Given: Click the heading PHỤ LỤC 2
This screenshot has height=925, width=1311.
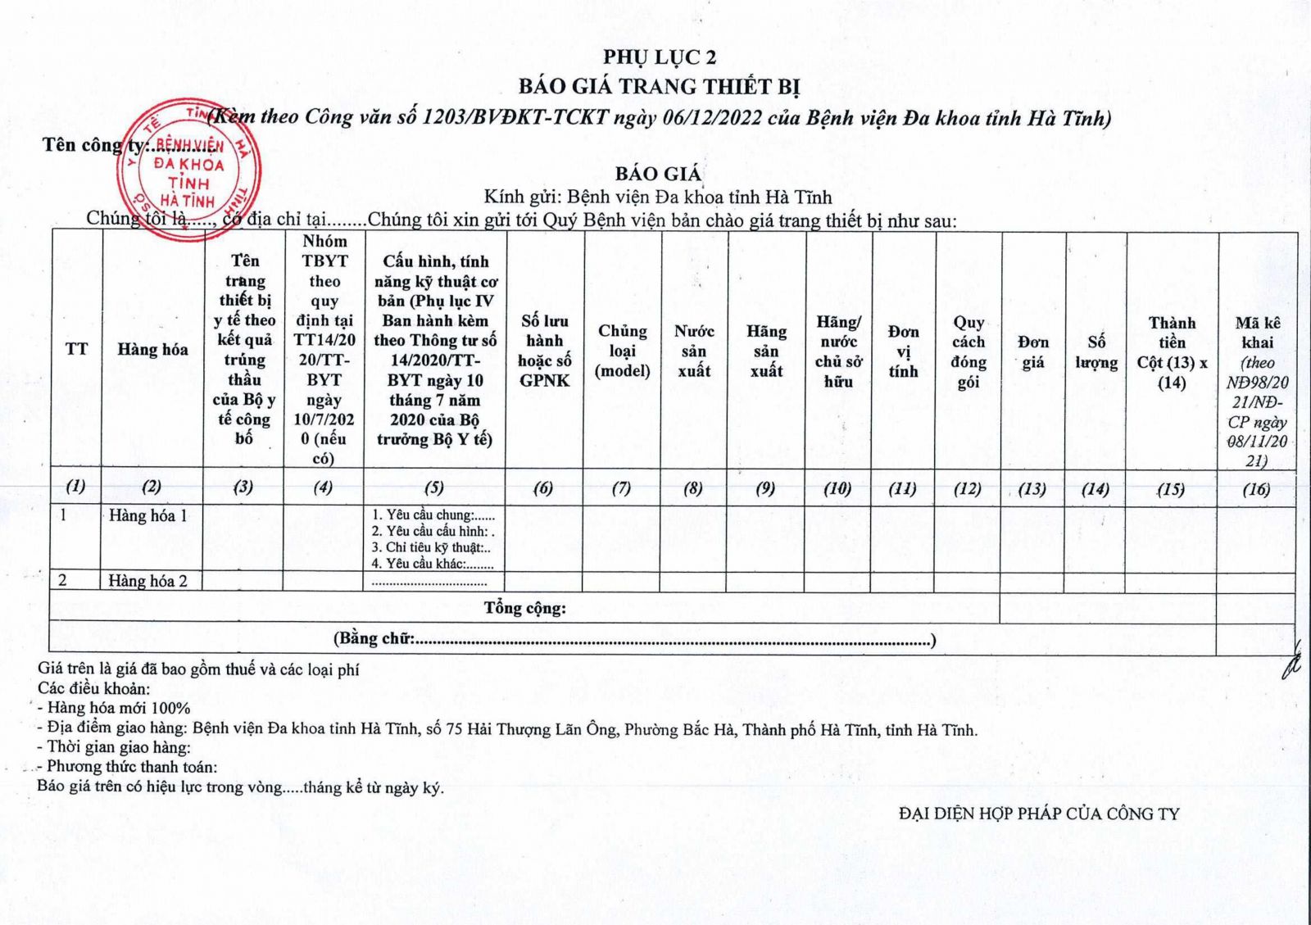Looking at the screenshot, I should pos(660,57).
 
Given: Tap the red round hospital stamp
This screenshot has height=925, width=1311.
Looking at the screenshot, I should pos(188,170).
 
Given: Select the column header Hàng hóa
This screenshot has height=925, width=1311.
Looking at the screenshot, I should pos(152,350).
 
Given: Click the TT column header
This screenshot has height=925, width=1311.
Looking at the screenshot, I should pos(76,349).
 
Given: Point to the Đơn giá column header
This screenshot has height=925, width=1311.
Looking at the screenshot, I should pos(1032,351).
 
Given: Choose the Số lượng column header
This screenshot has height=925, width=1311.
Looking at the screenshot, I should pos(1096,351).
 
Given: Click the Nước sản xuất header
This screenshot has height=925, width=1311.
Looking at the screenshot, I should pos(694,351).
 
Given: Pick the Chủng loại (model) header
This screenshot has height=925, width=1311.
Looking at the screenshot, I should pos(623,351).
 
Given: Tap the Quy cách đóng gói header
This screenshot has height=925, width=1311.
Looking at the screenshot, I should pos(969,351).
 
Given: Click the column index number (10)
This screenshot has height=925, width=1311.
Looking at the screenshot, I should pos(837,488).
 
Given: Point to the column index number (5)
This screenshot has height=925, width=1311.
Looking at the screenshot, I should pos(434,487).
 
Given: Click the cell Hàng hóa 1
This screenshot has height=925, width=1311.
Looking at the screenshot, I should pos(148,516).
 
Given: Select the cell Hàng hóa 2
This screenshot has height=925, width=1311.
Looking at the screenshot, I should pos(148,581).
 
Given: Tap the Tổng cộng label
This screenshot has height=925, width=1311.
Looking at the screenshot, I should pos(524,608).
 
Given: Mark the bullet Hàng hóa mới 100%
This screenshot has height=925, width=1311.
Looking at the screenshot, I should pos(118,708).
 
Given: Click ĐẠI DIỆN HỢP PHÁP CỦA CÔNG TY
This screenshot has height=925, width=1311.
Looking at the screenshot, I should pos(1038,814).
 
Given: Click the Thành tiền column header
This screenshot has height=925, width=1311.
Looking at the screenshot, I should pos(1172,352).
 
